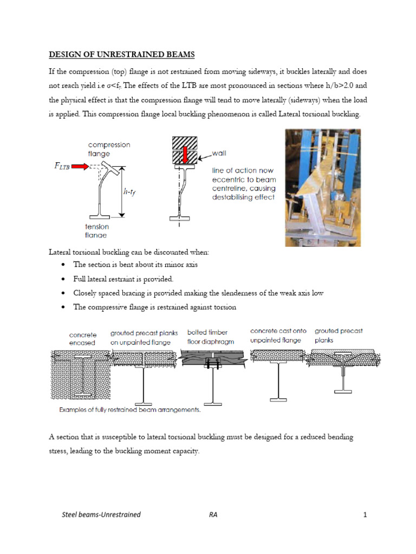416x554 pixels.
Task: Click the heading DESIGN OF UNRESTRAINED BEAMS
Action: [x=122, y=55]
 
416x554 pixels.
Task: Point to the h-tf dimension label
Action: [x=129, y=190]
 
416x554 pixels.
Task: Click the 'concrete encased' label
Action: [x=82, y=339]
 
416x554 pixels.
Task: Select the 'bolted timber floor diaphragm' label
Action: [x=207, y=337]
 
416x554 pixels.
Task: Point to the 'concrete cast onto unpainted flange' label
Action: [x=278, y=335]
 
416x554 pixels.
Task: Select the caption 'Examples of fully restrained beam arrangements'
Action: [x=129, y=410]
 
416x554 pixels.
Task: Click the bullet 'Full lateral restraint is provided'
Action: [x=123, y=279]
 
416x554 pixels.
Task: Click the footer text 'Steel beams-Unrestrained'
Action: [x=101, y=515]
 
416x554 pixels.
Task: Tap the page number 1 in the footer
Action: [x=365, y=515]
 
